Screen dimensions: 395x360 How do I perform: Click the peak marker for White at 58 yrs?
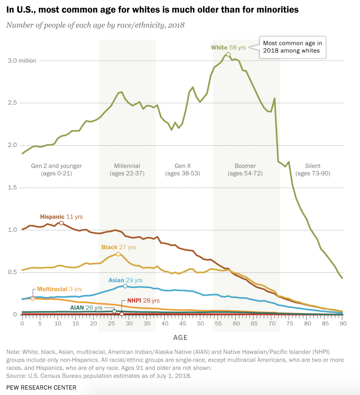pos(228,55)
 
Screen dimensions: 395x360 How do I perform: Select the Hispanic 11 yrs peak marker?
pos(62,223)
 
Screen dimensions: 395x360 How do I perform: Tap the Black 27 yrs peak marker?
pos(118,254)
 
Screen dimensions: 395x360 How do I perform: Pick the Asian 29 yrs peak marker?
pos(125,286)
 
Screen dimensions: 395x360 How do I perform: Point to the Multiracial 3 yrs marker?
pos(33,298)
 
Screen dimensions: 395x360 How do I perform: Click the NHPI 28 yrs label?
pos(143,300)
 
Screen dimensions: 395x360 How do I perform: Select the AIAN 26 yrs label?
pos(86,308)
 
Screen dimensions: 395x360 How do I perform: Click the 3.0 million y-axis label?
pos(22,61)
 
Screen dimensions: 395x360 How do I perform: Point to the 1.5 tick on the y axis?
pos(12,188)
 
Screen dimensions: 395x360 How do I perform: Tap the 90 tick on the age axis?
pos(343,324)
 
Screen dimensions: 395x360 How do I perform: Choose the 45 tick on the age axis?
pos(182,324)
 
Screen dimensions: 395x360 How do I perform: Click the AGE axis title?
pos(180,337)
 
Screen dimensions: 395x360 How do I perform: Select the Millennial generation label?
pos(127,169)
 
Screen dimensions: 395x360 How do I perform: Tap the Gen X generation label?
pos(182,169)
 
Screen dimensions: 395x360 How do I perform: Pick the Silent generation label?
pos(313,169)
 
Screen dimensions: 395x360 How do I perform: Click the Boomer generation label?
pos(245,169)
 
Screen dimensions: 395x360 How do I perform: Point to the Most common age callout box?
pos(292,47)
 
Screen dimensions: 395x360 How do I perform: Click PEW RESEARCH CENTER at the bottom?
pos(41,387)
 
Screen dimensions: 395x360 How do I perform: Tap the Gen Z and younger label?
pos(56,169)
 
